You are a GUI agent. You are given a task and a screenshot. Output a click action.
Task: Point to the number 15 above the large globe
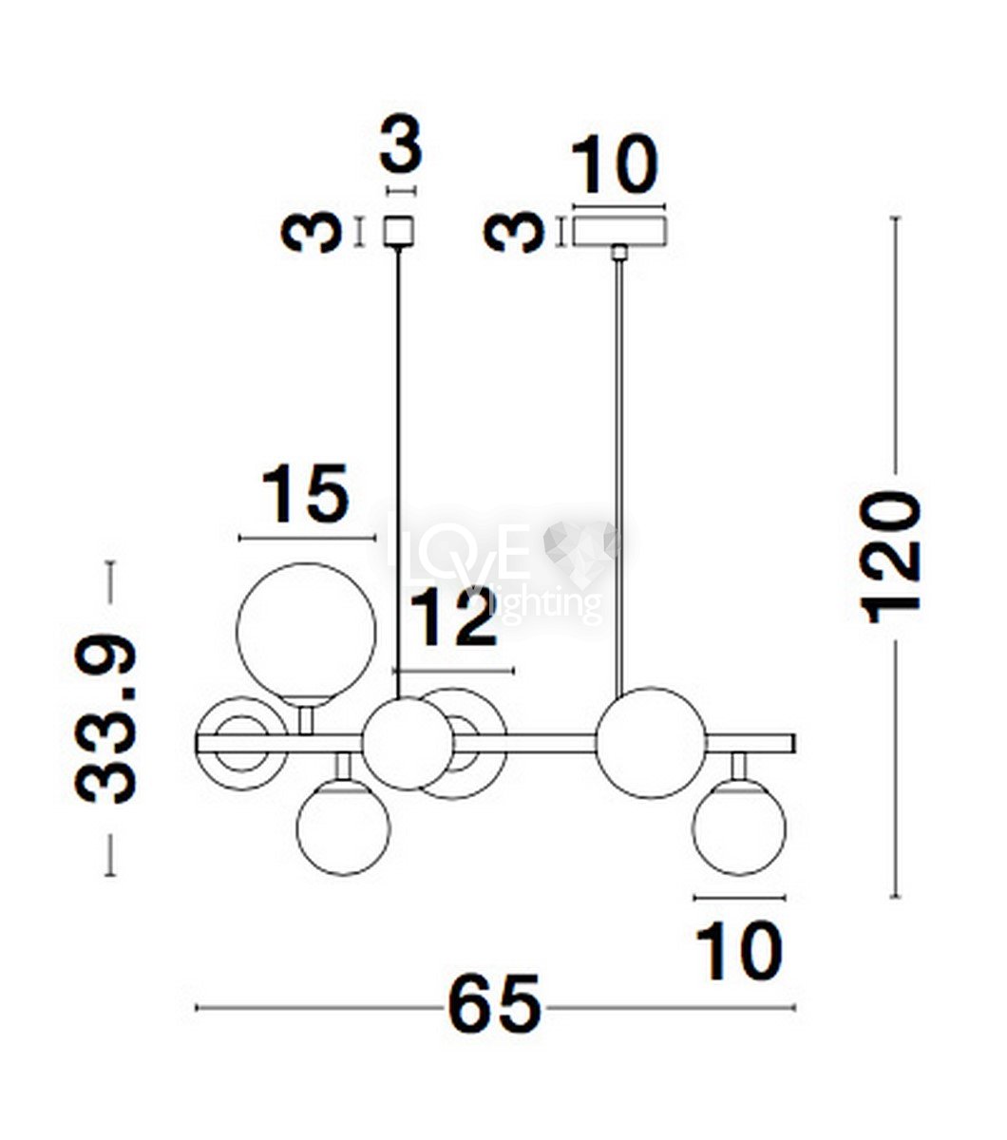[x=306, y=495]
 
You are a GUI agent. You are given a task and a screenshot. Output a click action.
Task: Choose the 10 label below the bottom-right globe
[x=739, y=951]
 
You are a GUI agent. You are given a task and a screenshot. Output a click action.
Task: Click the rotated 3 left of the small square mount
[x=312, y=233]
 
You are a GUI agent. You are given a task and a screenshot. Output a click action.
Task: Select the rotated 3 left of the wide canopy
[x=515, y=233]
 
